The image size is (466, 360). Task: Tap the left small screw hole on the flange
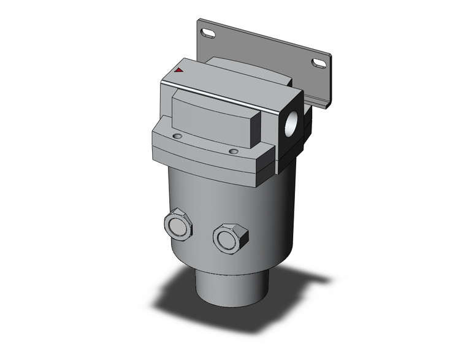point(177,136)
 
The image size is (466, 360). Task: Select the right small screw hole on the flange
point(233,151)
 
